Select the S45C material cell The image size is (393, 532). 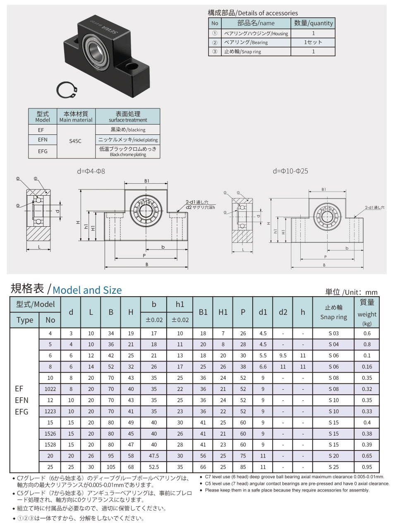[75, 141]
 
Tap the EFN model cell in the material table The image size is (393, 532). [43, 140]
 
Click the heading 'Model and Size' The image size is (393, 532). [87, 290]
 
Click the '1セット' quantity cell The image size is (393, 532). [313, 42]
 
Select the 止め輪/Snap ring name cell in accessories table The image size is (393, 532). [243, 52]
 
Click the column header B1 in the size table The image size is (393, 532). [203, 312]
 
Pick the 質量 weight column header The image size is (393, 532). [367, 312]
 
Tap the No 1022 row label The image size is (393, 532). [50, 389]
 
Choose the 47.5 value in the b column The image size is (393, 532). [154, 456]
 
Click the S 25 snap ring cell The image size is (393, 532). [333, 467]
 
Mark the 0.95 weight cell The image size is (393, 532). [367, 467]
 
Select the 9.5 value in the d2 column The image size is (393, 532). [283, 355]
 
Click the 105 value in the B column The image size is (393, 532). [111, 467]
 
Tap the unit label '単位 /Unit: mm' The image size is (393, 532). [351, 292]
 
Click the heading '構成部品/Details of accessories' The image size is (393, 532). [252, 13]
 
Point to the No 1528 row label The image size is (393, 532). [50, 445]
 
